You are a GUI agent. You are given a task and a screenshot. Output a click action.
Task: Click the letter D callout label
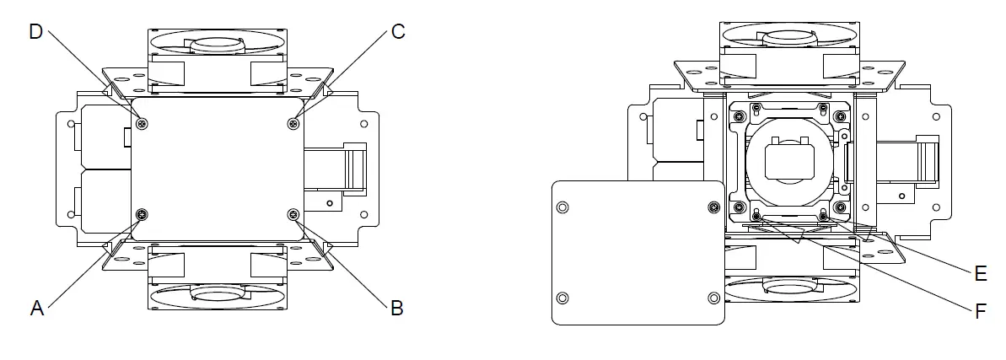click(x=35, y=31)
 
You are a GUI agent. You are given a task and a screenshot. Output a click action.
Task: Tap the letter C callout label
click(x=398, y=31)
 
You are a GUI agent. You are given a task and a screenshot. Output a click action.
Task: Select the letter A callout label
click(x=36, y=309)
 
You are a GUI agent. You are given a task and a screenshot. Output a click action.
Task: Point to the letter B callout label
click(x=396, y=309)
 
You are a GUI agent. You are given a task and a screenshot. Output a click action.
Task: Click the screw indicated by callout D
click(x=142, y=124)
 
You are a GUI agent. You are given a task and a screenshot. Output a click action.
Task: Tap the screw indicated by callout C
click(x=293, y=124)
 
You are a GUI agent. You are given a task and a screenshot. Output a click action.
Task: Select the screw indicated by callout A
click(x=142, y=213)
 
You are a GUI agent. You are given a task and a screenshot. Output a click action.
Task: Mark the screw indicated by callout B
click(x=293, y=213)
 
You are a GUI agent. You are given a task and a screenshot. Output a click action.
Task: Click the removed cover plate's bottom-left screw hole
click(x=563, y=297)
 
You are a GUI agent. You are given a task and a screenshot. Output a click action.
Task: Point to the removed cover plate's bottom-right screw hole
click(x=713, y=297)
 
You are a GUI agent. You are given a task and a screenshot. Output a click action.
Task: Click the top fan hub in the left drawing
click(x=218, y=45)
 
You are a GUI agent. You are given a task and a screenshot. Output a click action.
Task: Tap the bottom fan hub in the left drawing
click(x=218, y=291)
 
